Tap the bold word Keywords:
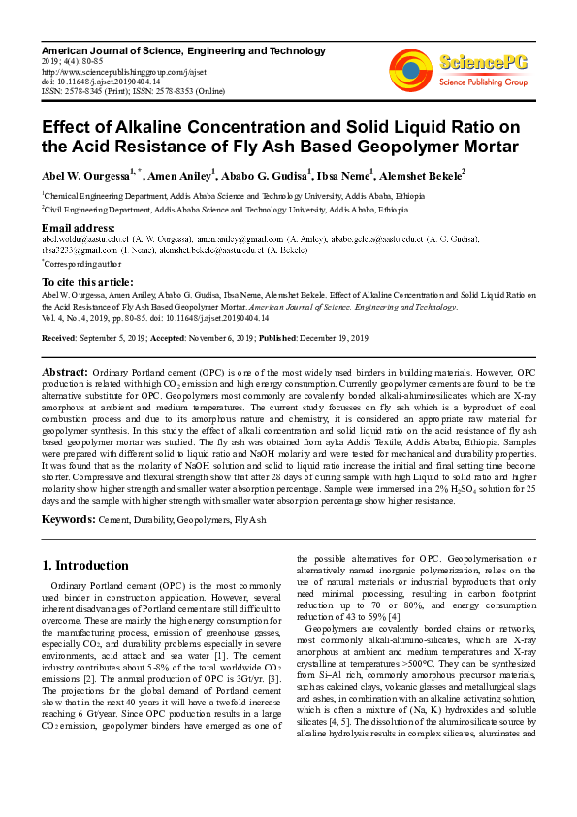(x=68, y=520)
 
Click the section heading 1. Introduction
(x=86, y=566)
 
